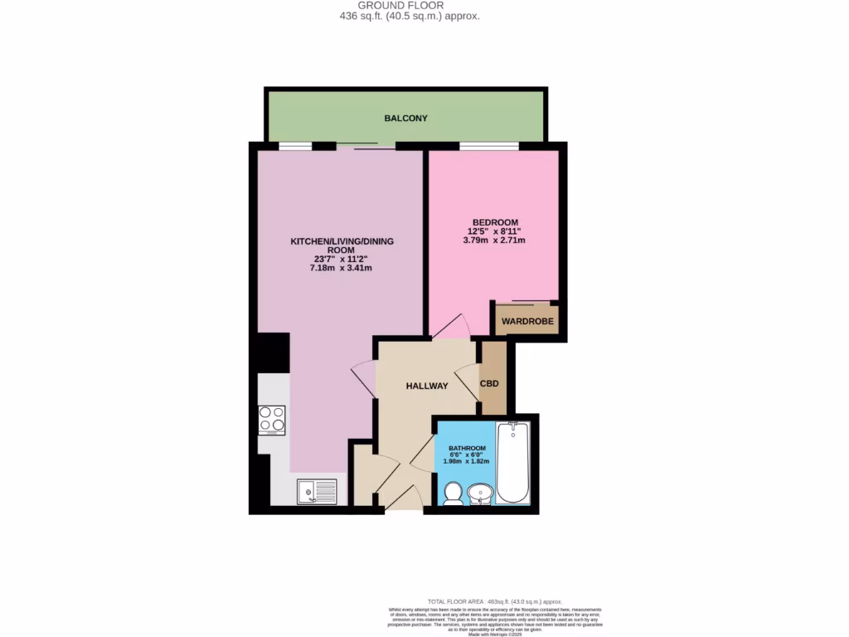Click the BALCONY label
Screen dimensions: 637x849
click(x=405, y=119)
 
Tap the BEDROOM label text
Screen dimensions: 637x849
click(x=495, y=222)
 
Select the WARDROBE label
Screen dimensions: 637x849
click(x=527, y=321)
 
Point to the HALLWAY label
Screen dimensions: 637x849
click(x=427, y=386)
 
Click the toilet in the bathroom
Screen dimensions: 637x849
click(x=453, y=494)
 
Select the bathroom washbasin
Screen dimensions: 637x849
click(x=479, y=495)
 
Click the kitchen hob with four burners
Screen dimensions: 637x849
click(x=272, y=420)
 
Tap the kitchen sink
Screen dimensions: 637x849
click(x=317, y=492)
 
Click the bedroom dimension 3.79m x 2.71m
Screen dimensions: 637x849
click(x=494, y=241)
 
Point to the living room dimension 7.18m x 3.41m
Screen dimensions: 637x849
click(x=341, y=268)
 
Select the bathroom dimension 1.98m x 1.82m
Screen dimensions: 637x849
click(x=467, y=461)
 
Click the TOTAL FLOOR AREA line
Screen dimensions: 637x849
click(x=494, y=601)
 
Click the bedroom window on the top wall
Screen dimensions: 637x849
click(x=489, y=147)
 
